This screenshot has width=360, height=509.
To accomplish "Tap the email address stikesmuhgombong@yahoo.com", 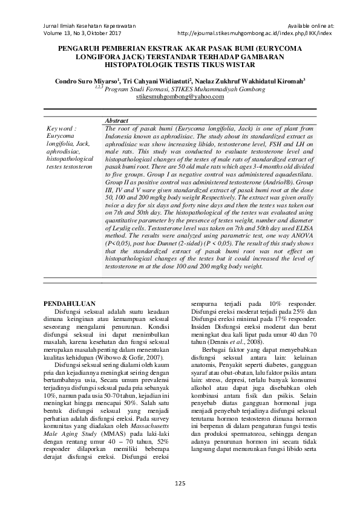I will (180, 96).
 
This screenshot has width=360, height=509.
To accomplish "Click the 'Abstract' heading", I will (117, 122).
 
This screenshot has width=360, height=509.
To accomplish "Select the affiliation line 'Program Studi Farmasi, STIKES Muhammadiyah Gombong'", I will (185, 89).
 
